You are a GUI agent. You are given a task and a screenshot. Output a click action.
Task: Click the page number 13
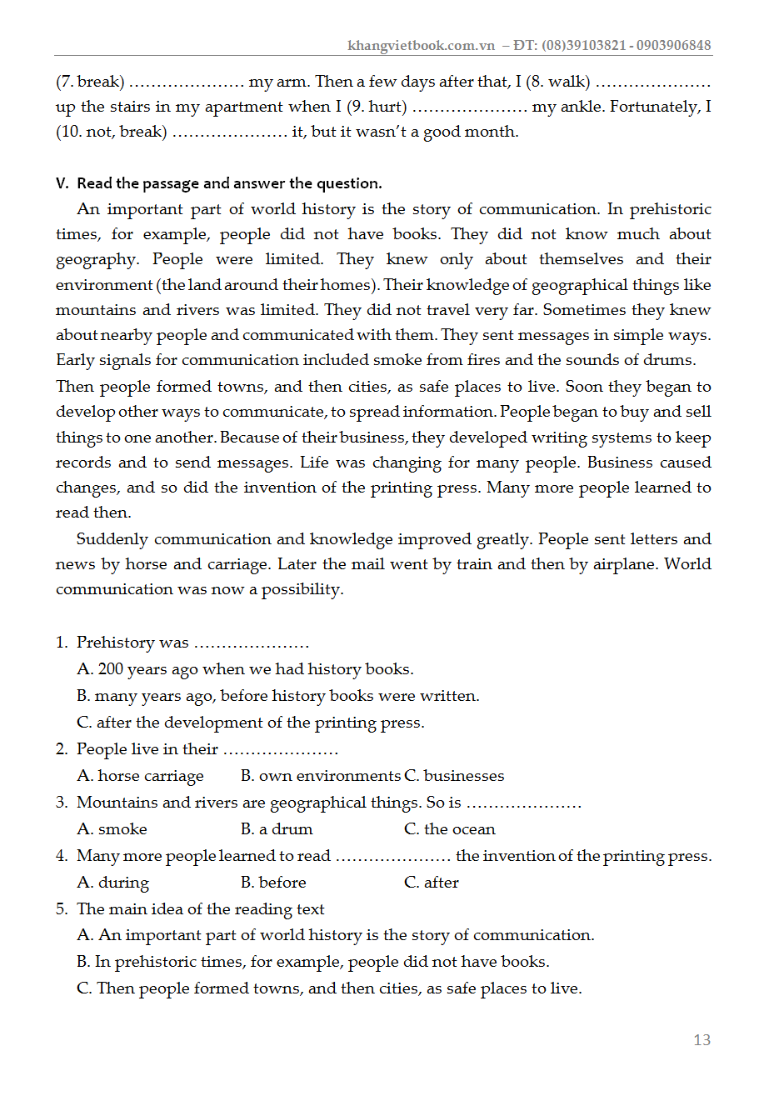tap(702, 1039)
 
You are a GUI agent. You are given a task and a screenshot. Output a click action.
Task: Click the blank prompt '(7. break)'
tap(90, 82)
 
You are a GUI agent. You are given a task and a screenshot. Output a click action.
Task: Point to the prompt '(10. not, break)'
tap(112, 132)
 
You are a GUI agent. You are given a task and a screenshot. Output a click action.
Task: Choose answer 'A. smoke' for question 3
tap(112, 829)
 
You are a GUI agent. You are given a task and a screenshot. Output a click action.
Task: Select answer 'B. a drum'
tap(277, 829)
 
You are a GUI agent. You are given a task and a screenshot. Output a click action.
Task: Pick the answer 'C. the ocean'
tap(449, 829)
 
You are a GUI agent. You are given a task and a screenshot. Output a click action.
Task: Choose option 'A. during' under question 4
tap(112, 883)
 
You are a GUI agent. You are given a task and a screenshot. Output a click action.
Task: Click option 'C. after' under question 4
tap(431, 883)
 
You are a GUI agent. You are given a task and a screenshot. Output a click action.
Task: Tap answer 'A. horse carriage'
tap(140, 776)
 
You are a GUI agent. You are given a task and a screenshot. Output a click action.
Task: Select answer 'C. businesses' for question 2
tap(454, 776)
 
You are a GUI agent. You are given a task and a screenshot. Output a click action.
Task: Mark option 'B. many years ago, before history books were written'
tap(278, 696)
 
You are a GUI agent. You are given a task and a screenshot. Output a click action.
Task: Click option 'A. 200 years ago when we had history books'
tap(245, 669)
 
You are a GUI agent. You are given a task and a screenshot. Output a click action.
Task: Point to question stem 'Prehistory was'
tap(132, 643)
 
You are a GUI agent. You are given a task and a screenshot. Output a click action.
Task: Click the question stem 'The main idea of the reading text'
tap(200, 909)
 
